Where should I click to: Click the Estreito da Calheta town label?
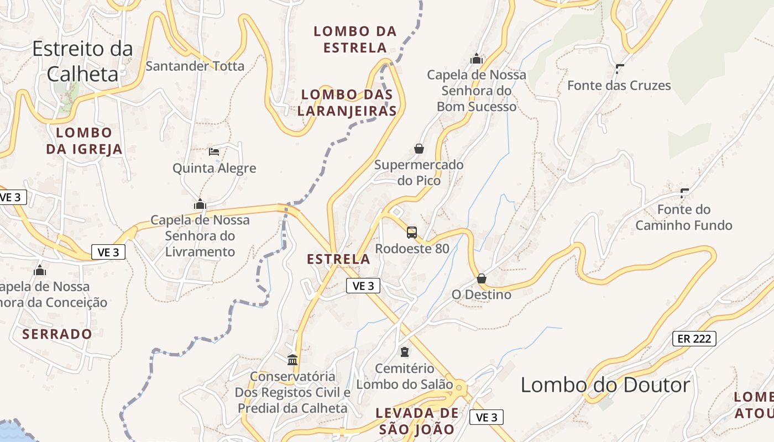[83, 61]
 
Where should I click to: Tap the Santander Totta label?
[195, 66]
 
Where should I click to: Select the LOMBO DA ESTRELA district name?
[355, 39]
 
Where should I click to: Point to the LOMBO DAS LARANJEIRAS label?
[347, 103]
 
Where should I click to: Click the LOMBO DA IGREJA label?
[84, 141]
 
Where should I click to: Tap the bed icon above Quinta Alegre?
[214, 151]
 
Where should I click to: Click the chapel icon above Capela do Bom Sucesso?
[477, 59]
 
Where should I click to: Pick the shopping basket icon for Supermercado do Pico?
[419, 149]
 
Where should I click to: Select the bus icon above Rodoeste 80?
[412, 233]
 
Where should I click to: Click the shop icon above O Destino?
[482, 278]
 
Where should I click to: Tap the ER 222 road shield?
[694, 339]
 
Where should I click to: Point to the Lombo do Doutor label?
[605, 385]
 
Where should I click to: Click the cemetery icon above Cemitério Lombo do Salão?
[405, 352]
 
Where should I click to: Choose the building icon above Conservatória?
[292, 360]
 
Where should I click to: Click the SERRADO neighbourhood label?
[57, 334]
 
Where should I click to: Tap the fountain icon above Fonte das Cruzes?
[619, 69]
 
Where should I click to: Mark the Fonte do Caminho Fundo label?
[684, 218]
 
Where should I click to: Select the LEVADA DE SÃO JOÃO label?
[417, 421]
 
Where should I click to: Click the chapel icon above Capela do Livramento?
[200, 204]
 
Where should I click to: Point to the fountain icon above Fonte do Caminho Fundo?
[684, 193]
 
